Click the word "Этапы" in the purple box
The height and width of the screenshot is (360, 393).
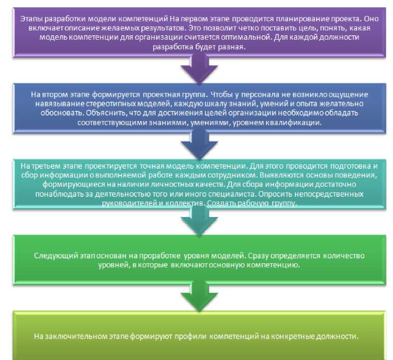click(30, 19)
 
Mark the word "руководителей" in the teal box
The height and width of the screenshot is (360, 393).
click(125, 203)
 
